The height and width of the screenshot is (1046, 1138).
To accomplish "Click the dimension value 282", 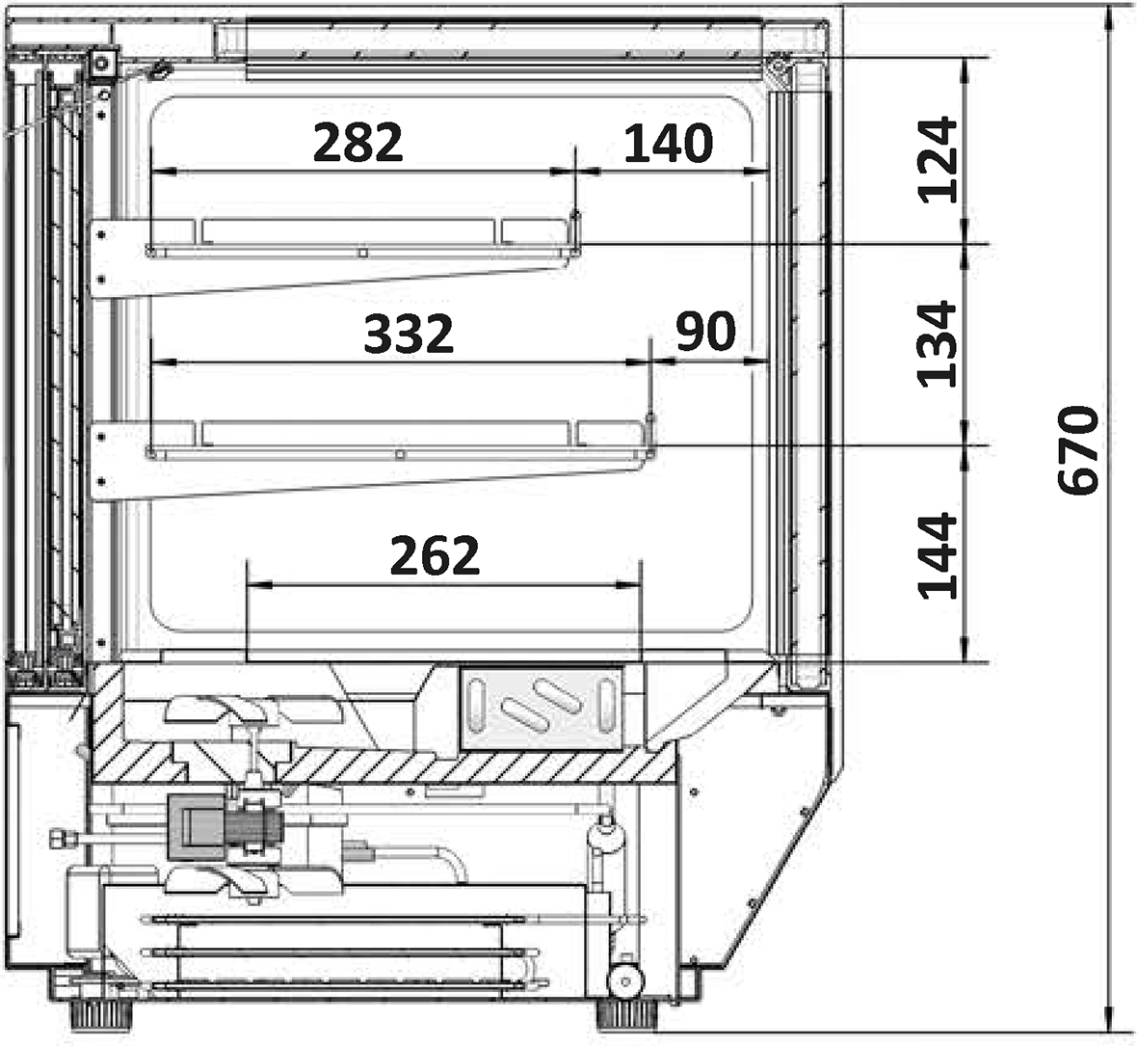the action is pyautogui.click(x=357, y=143).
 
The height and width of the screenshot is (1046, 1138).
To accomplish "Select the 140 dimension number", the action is pyautogui.click(x=669, y=143).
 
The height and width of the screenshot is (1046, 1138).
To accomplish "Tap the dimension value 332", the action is pyautogui.click(x=409, y=334).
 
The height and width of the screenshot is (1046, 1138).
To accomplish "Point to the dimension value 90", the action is pyautogui.click(x=705, y=332).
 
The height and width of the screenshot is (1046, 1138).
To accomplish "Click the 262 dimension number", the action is pyautogui.click(x=435, y=555).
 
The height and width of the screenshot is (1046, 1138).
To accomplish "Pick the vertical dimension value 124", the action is pyautogui.click(x=938, y=160).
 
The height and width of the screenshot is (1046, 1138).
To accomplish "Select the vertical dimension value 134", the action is pyautogui.click(x=938, y=344).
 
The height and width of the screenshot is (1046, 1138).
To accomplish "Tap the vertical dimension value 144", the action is pyautogui.click(x=938, y=557).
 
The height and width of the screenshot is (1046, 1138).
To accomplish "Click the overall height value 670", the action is pyautogui.click(x=1078, y=451).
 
